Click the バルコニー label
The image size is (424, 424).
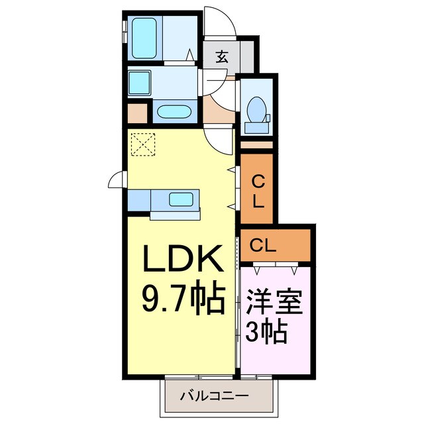click(x=215, y=397)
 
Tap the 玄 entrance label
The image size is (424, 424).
click(x=221, y=58)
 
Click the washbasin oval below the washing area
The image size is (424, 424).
click(x=175, y=111)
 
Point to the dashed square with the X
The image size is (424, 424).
click(x=142, y=144)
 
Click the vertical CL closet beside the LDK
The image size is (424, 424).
click(x=258, y=189)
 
